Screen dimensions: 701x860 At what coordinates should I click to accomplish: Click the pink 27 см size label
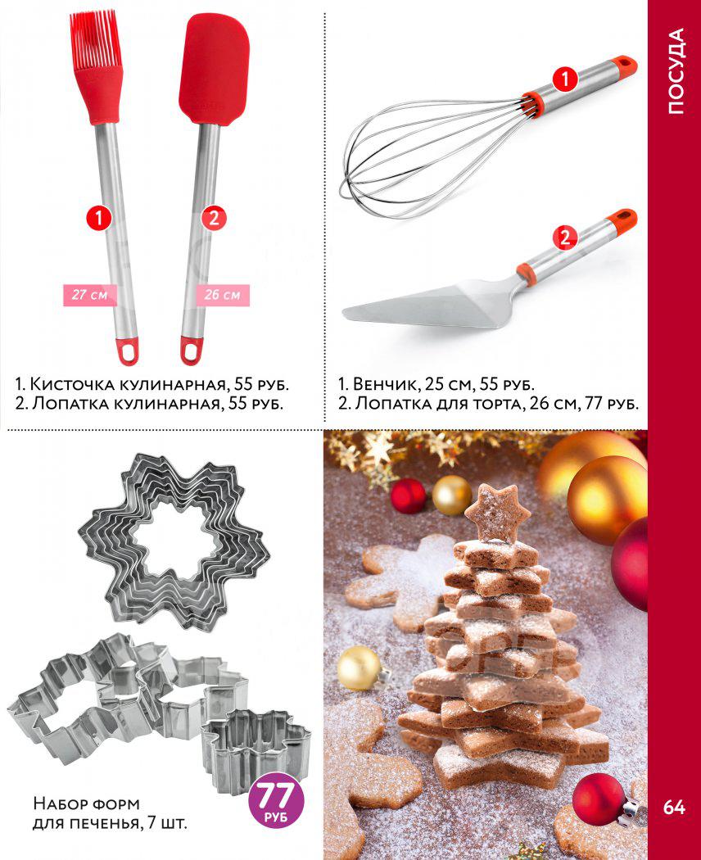(90, 295)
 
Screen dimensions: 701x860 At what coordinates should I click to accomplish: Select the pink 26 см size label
(223, 295)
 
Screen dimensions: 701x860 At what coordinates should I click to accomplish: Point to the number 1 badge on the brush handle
(99, 219)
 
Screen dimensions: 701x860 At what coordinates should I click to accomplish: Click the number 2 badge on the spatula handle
(214, 219)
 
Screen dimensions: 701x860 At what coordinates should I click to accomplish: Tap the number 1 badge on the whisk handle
(565, 79)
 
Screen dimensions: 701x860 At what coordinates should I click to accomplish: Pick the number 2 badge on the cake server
(565, 238)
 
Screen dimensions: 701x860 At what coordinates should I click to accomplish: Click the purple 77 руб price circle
(276, 799)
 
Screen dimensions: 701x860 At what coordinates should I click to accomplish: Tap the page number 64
(674, 807)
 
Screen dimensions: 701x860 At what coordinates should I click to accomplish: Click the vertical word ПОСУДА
(676, 71)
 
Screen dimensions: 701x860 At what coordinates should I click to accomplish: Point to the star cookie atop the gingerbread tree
(498, 514)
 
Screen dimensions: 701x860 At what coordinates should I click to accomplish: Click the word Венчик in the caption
(387, 384)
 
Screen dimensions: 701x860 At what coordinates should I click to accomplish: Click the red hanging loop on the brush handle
(127, 351)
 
